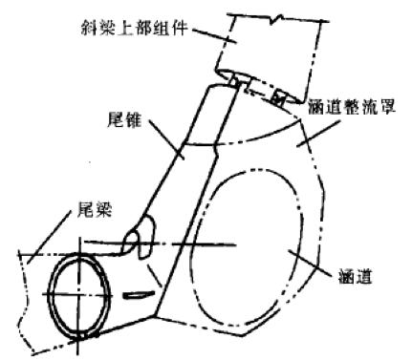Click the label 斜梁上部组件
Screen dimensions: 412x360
(x=134, y=28)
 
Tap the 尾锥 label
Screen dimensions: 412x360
(x=124, y=120)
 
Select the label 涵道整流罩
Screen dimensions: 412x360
(x=352, y=107)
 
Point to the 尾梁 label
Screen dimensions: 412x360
(x=95, y=209)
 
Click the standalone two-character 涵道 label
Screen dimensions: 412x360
(x=356, y=275)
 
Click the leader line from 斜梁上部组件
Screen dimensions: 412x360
(x=214, y=35)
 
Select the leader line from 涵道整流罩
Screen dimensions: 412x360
(x=317, y=134)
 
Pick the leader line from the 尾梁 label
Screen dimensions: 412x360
(x=49, y=238)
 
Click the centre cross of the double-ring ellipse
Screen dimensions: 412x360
(x=78, y=295)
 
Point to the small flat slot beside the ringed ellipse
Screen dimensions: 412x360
(x=140, y=295)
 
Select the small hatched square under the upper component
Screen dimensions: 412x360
(x=277, y=99)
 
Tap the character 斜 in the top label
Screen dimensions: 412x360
(x=89, y=28)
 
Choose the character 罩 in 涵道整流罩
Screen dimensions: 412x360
(x=387, y=107)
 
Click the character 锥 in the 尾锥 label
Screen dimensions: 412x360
(x=133, y=120)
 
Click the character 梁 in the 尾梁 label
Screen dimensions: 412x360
(x=103, y=209)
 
